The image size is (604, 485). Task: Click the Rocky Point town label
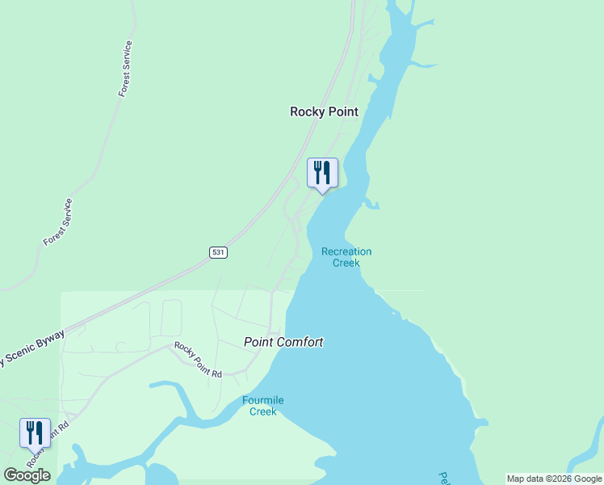tap(324, 112)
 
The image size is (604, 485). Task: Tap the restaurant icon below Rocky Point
tap(322, 173)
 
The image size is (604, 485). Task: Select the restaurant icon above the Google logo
tap(35, 433)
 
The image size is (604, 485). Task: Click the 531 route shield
tap(218, 252)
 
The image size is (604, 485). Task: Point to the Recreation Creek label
tap(346, 257)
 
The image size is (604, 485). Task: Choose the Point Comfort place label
tap(283, 343)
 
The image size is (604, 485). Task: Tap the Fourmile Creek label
tap(262, 406)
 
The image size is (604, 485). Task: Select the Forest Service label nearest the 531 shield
tap(58, 222)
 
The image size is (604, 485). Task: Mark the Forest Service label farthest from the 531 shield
tap(125, 70)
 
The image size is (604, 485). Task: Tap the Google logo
tap(27, 475)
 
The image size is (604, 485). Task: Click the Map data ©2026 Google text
tap(554, 479)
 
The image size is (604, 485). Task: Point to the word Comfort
tap(300, 343)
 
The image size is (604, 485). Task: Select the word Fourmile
tap(262, 400)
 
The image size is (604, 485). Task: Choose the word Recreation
tap(346, 251)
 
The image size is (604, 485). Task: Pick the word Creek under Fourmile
tap(262, 411)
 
